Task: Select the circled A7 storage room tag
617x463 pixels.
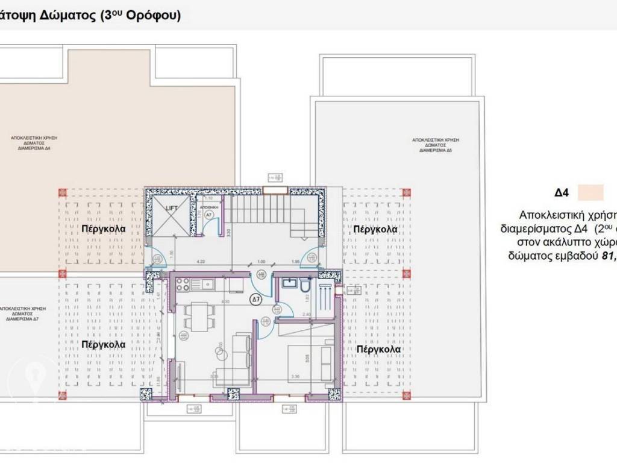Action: [x=208, y=214]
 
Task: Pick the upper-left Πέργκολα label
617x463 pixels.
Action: [x=104, y=229]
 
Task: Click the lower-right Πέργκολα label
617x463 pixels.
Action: [x=378, y=349]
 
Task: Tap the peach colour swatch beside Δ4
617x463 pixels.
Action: [x=590, y=193]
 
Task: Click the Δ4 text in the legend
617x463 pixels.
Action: [x=562, y=193]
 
